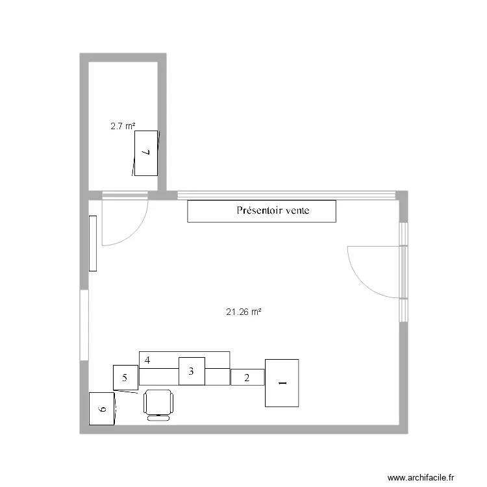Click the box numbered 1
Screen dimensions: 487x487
[282, 383]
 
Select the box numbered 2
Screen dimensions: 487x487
[247, 377]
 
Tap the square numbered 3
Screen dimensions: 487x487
[192, 371]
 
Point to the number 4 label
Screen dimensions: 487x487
[148, 360]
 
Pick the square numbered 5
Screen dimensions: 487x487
[125, 377]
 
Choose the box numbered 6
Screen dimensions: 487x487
[102, 409]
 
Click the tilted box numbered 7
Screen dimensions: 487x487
[146, 153]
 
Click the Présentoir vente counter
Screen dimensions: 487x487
[262, 212]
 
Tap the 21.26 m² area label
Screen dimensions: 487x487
[243, 312]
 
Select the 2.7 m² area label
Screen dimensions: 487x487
[123, 127]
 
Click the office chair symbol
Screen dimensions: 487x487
[159, 404]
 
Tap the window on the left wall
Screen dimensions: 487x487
[84, 325]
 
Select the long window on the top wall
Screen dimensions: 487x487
[286, 194]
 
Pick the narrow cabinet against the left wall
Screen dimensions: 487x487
[93, 243]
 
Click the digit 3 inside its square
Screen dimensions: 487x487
[191, 371]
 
